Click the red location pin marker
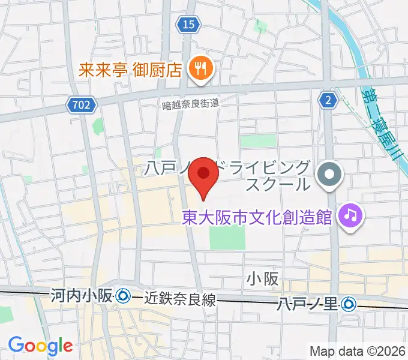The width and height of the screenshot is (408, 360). pyautogui.click(x=203, y=175)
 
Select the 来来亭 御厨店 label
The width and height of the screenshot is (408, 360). pyautogui.click(x=130, y=70)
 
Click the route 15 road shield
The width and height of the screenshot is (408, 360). pyautogui.click(x=188, y=24)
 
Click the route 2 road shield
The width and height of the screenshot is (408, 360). pyautogui.click(x=327, y=101)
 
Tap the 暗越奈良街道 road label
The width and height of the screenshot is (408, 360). pyautogui.click(x=190, y=103)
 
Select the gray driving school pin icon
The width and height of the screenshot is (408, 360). pyautogui.click(x=329, y=175)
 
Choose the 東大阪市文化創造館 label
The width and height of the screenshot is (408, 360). pyautogui.click(x=257, y=217)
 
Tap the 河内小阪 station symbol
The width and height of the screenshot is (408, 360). pyautogui.click(x=124, y=295)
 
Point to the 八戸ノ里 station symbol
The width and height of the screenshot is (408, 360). pyautogui.click(x=349, y=305)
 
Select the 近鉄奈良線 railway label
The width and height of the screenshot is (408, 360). pyautogui.click(x=179, y=300)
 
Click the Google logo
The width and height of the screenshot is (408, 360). pyautogui.click(x=40, y=345)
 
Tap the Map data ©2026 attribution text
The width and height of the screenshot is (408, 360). pyautogui.click(x=356, y=351)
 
